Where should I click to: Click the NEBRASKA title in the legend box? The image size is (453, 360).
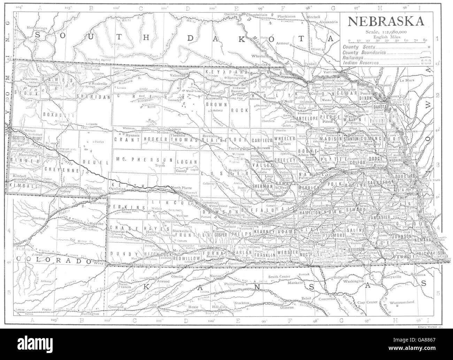tap(385, 22)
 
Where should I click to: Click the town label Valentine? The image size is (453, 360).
tap(179, 75)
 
